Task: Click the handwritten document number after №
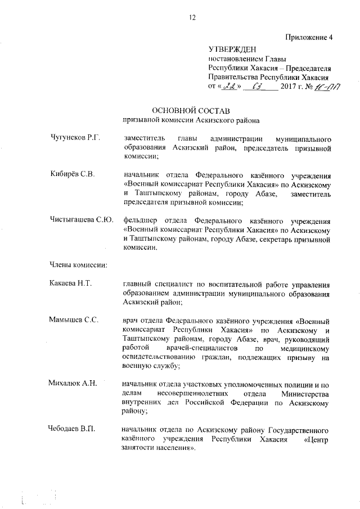point(333,87)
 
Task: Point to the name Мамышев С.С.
point(74,320)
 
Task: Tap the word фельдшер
point(141,220)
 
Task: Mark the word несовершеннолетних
point(194,393)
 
